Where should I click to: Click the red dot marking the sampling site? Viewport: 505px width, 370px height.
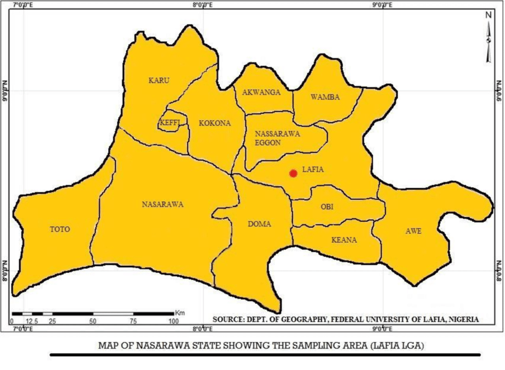coord(293,173)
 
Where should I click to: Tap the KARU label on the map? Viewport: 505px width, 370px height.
coord(159,80)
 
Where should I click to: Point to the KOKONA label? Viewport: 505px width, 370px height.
coord(214,123)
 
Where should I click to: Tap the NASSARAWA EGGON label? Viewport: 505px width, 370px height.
coord(273,138)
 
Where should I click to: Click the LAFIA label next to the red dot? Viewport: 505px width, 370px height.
coord(313,170)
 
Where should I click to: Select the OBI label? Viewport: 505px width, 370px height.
coord(327,207)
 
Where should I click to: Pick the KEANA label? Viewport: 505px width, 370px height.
coord(345,240)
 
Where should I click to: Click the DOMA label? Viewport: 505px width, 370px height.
coord(260,224)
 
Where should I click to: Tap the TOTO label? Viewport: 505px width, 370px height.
coord(59,229)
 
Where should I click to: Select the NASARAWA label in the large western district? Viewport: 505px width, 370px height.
coord(162,204)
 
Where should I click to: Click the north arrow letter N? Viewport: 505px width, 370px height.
coord(488,14)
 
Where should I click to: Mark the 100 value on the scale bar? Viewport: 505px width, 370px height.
coord(173,321)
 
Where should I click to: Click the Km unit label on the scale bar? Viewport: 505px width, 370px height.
coord(179,312)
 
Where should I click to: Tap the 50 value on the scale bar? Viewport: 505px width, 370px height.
coord(93,321)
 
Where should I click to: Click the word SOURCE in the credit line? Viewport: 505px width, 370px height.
coord(228,319)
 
